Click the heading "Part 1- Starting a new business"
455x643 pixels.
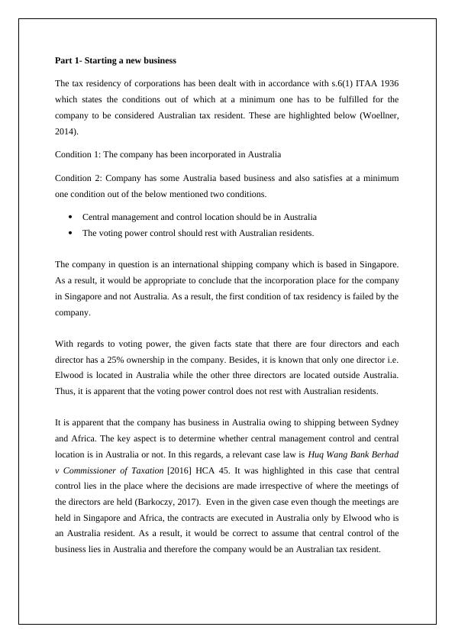115,60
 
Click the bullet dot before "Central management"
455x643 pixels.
70,217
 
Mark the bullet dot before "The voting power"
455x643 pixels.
70,233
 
